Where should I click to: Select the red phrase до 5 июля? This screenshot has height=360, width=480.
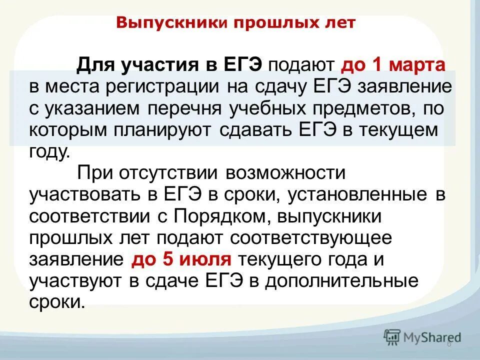(x=181, y=260)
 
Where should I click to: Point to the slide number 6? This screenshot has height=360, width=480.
(x=448, y=344)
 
